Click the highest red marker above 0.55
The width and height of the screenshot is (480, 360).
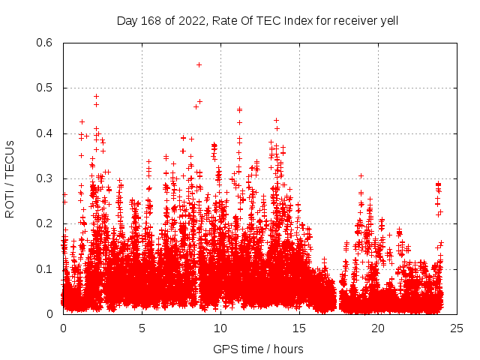pyautogui.click(x=199, y=64)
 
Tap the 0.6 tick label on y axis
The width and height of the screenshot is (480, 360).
pyautogui.click(x=46, y=43)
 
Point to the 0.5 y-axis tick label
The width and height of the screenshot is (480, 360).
pyautogui.click(x=46, y=88)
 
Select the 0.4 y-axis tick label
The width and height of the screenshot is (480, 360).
pyautogui.click(x=46, y=133)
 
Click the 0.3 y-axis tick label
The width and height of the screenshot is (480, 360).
pyautogui.click(x=46, y=178)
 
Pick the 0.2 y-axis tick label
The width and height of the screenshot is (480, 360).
pyautogui.click(x=46, y=223)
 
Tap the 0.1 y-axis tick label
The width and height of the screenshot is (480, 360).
pyautogui.click(x=46, y=269)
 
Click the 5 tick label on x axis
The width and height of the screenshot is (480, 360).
pyautogui.click(x=142, y=328)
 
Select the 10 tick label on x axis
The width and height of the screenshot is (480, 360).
pyautogui.click(x=220, y=328)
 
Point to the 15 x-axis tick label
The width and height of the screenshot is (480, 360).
pyautogui.click(x=299, y=328)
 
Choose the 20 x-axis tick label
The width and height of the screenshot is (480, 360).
pyautogui.click(x=378, y=328)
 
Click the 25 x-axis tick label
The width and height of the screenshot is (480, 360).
pyautogui.click(x=457, y=328)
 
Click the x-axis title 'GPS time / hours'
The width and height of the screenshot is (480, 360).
pyautogui.click(x=259, y=349)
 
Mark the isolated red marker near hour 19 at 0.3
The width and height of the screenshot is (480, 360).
pyautogui.click(x=361, y=176)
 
